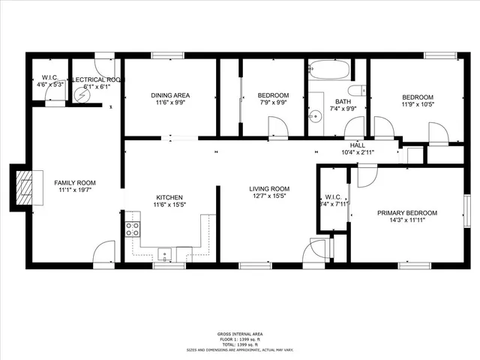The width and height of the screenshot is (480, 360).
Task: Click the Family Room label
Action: point(74,182)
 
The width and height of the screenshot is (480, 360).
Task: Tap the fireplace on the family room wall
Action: point(25,184)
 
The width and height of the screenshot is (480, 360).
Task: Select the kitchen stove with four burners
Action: point(133,229)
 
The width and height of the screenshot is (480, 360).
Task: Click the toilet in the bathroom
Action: point(357,91)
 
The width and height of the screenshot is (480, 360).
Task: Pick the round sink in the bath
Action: point(316,116)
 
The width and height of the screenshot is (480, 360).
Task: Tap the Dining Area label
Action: point(170,95)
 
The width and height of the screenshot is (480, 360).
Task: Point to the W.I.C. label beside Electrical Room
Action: point(50,77)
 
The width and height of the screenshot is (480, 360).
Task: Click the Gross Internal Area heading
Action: point(240,334)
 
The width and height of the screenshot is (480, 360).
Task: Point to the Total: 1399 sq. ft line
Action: point(240,343)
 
